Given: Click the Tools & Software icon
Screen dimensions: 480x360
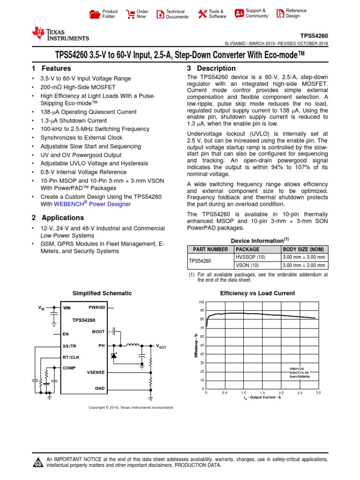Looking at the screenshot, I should [x=202, y=14].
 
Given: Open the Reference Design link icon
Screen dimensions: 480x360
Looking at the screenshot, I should [x=279, y=14].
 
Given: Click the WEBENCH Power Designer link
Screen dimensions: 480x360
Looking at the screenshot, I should [x=92, y=204].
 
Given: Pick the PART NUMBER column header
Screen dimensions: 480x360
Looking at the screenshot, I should [x=208, y=249].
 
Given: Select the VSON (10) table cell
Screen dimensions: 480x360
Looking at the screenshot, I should [x=247, y=265].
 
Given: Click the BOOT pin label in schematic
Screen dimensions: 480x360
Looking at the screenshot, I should [x=98, y=331].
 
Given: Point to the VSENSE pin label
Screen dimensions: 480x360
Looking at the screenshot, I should [x=96, y=372].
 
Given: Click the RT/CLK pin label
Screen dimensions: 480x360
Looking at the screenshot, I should [x=71, y=357].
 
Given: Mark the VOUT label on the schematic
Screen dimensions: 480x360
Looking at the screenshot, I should [x=161, y=346].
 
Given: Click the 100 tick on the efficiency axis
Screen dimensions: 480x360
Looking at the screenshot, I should [x=201, y=302].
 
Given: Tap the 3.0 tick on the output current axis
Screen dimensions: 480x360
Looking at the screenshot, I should [x=318, y=392].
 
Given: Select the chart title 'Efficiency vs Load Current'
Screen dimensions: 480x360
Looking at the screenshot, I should [x=257, y=293].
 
